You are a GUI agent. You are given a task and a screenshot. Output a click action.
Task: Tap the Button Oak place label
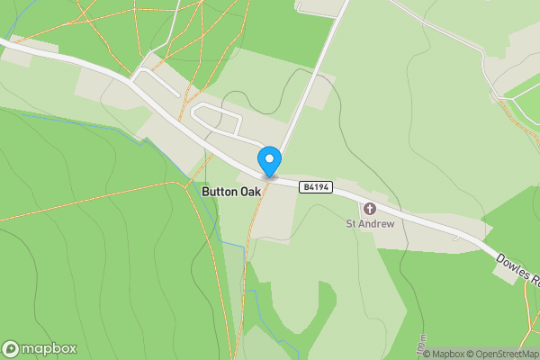point(232,192)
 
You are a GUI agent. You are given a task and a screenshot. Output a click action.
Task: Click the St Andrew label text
point(371,223)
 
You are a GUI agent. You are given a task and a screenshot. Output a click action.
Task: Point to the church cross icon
point(370,209)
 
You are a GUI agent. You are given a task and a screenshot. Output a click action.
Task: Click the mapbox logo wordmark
point(49,348)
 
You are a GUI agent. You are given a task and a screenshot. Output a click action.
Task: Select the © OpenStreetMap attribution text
point(499,354)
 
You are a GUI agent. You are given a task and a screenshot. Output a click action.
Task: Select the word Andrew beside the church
point(378,223)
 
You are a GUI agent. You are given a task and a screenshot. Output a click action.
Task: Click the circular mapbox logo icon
point(12,348)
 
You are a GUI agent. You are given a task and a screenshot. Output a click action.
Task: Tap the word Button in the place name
point(219,192)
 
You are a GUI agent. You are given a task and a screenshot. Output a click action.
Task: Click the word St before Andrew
point(353,223)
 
